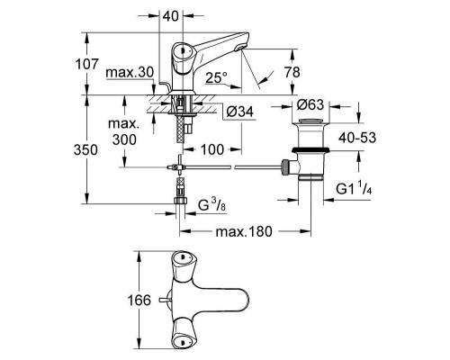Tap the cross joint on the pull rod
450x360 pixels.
(x=179, y=167)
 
